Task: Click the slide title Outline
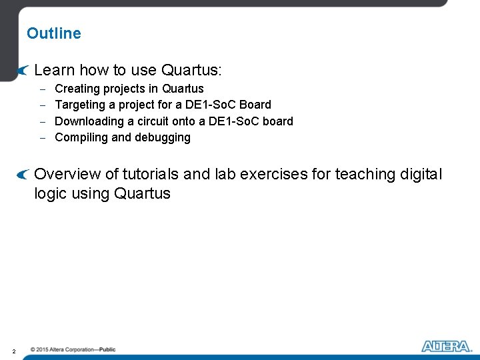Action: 54,33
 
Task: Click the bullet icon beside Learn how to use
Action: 23,70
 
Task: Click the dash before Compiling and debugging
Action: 42,138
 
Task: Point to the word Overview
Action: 67,174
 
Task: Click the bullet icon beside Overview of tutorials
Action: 23,175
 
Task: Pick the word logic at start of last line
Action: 51,194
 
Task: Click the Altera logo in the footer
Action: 446,346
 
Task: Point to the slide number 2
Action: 14,351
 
